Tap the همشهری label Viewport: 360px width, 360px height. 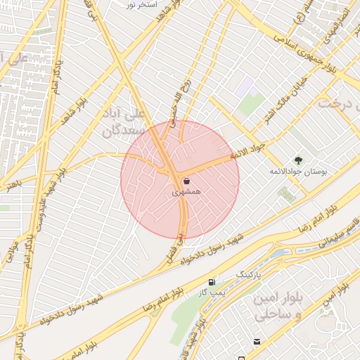186,191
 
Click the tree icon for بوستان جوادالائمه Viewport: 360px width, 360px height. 298,161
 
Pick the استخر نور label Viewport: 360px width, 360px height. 140,5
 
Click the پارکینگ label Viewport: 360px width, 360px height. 247,273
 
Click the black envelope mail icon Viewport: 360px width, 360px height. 256,342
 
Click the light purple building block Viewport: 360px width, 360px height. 244,88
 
